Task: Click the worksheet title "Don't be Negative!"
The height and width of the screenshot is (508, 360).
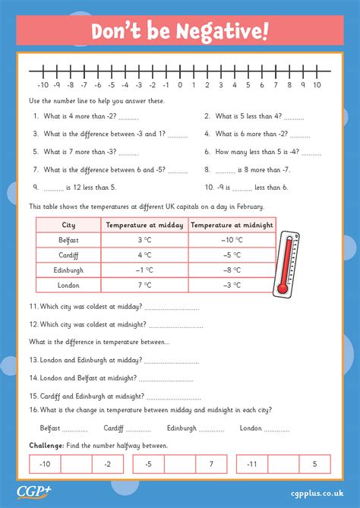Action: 180,32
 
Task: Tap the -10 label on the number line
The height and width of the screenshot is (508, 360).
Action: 43,86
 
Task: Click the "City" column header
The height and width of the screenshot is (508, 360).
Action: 68,225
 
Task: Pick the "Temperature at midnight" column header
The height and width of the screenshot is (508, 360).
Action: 232,225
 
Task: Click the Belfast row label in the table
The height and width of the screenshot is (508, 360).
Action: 68,240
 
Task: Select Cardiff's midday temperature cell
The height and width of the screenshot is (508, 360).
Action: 145,254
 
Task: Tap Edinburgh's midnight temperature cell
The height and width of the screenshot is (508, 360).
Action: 232,270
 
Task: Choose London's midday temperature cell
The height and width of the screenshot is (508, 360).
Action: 145,285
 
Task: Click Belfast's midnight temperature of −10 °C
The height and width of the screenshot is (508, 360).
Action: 232,240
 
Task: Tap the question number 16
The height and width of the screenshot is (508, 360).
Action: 34,409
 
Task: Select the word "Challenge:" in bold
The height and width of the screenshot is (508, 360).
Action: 46,446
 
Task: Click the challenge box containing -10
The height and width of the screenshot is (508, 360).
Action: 45,464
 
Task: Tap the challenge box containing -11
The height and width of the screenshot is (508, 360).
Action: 251,464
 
